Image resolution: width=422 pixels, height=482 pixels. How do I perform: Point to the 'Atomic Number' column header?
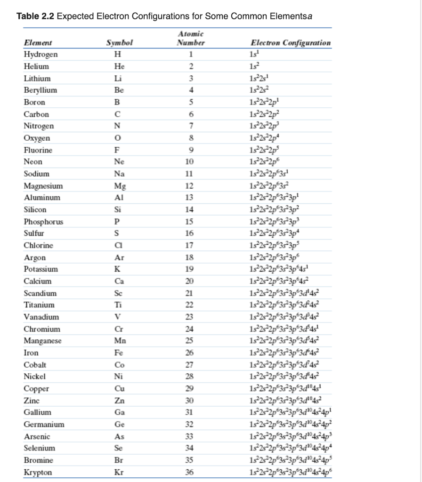[191, 39]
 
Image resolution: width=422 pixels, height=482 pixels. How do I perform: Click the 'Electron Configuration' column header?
[291, 43]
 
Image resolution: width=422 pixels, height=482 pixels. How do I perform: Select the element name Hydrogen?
[41, 54]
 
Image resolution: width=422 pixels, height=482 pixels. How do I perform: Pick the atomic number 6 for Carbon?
[191, 114]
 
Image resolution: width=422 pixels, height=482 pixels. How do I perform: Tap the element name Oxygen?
[37, 138]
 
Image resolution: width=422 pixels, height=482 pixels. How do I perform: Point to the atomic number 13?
[191, 198]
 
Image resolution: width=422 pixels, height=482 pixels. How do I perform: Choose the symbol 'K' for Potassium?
[117, 269]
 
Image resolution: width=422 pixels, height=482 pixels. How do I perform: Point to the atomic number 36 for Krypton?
[191, 472]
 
